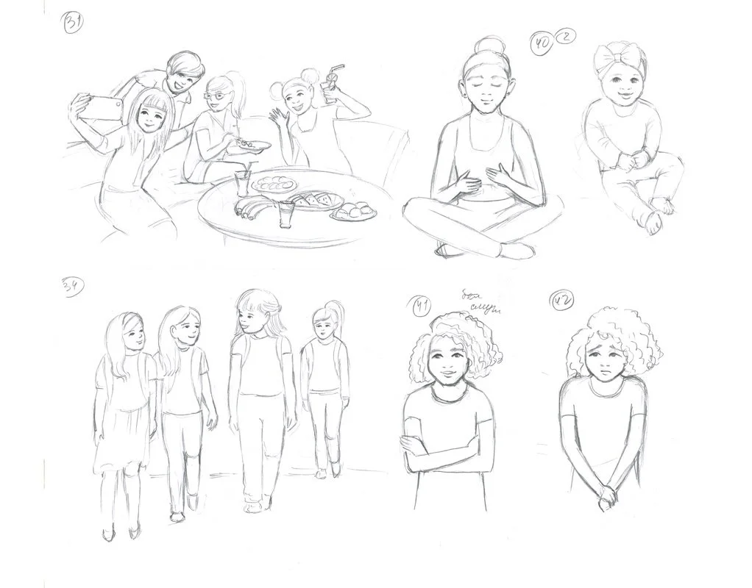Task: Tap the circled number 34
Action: [x=72, y=287]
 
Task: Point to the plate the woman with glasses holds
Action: [x=250, y=147]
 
